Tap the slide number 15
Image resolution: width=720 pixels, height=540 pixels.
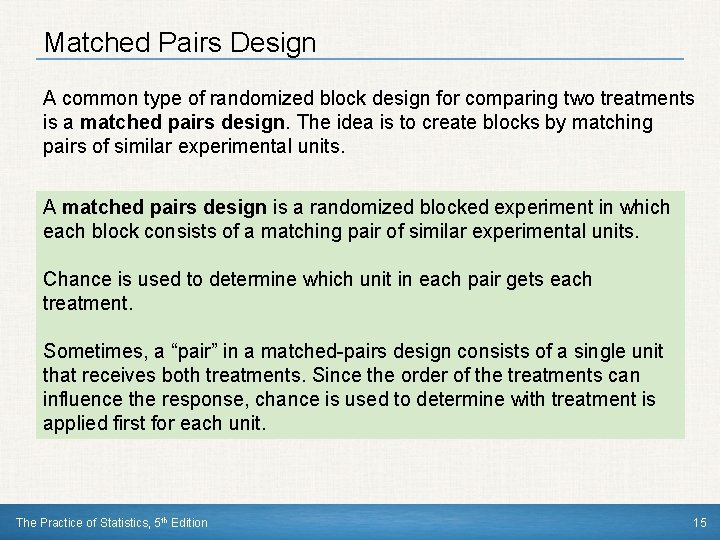click(698, 523)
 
